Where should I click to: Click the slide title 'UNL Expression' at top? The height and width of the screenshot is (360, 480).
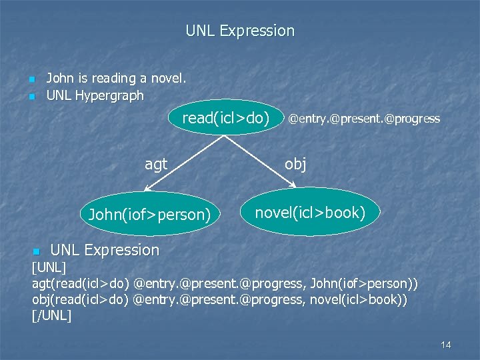point(239,31)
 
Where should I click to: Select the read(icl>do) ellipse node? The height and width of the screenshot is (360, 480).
point(226,119)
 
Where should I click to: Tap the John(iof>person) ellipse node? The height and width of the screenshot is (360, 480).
point(149,215)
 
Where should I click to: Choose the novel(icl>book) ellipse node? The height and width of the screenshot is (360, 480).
point(310,213)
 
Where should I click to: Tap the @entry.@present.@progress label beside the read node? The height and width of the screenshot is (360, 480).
point(364,119)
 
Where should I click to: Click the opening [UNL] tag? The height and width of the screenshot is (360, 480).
point(49,268)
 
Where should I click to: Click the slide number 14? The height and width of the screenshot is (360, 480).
point(446,345)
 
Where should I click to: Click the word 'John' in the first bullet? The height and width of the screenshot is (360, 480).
point(59,79)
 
